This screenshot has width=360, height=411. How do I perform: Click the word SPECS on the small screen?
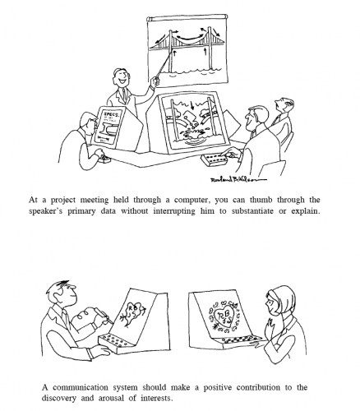111,114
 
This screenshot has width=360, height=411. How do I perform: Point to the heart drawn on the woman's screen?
223,317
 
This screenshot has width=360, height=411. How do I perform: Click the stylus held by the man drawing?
104,314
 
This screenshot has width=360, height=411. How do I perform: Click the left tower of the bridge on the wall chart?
170,51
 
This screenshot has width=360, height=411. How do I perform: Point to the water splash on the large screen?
192,135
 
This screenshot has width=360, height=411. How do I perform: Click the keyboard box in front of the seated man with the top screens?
215,159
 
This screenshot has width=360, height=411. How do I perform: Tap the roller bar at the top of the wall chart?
187,17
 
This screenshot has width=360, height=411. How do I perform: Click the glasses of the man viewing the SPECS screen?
94,122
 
